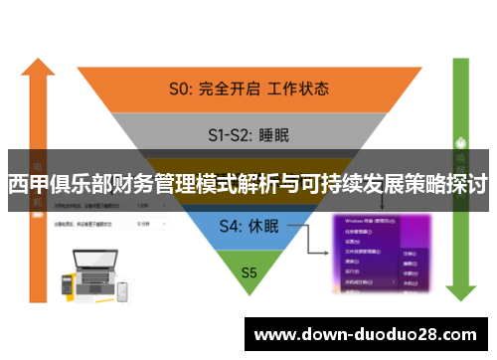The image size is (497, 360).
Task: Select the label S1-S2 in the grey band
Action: [228, 131]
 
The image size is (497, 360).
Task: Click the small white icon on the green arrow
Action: [460, 140]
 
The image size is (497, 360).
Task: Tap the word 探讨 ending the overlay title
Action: [469, 184]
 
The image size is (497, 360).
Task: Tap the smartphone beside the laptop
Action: [123, 291]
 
